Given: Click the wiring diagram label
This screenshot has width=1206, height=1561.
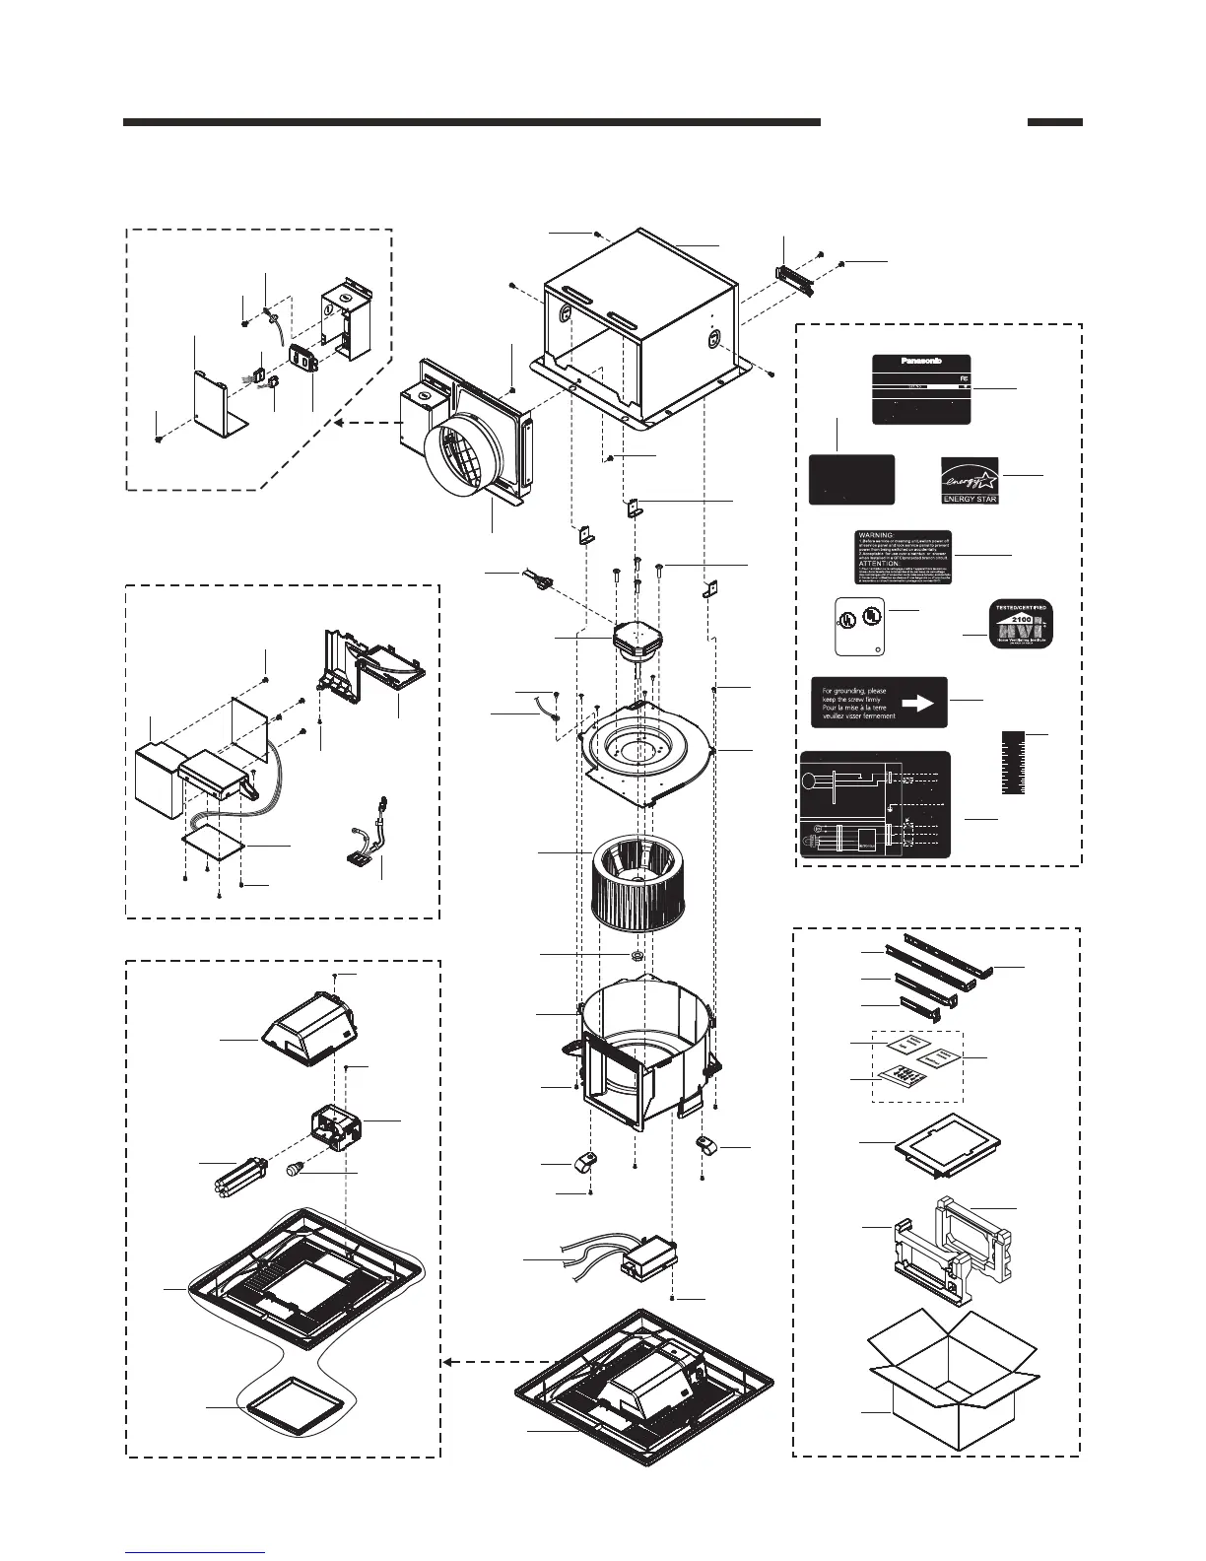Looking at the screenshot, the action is (875, 804).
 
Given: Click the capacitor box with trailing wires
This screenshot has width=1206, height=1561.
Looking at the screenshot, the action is (645, 1256).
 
